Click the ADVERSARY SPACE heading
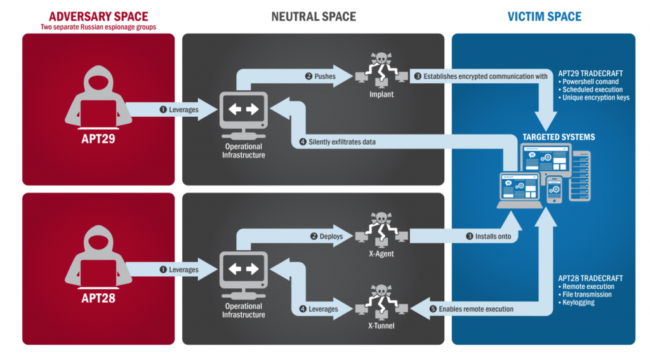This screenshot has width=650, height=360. click(x=98, y=15)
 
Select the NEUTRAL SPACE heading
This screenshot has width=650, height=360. click(x=314, y=17)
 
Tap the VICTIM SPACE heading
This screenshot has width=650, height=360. click(x=544, y=17)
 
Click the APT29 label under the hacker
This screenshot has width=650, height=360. click(x=98, y=138)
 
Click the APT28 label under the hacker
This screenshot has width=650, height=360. click(x=98, y=298)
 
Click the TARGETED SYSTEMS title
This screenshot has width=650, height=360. click(x=559, y=137)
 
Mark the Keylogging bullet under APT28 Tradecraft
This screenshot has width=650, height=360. click(x=579, y=303)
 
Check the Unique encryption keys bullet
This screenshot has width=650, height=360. click(x=595, y=98)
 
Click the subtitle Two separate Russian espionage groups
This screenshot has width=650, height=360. click(x=98, y=27)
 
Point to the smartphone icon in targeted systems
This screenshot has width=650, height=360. click(x=554, y=189)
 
